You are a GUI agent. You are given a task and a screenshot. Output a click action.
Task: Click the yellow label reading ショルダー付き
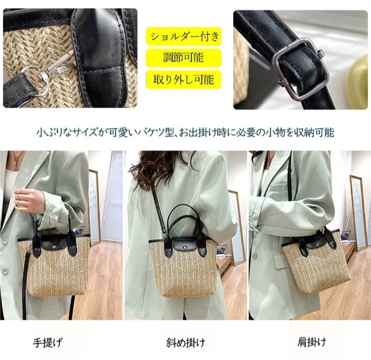(184, 37)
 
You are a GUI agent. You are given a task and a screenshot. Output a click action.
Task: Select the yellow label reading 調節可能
(184, 58)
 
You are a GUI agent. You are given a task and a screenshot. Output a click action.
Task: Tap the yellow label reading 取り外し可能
(184, 79)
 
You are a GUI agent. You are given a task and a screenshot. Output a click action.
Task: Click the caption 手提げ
(47, 342)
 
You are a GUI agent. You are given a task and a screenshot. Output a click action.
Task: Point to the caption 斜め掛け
(186, 342)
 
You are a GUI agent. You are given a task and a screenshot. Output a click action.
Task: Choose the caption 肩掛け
(312, 342)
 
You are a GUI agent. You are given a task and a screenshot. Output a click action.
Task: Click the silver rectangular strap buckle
(301, 70)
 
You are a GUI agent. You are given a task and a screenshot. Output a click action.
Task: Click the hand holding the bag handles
(29, 202)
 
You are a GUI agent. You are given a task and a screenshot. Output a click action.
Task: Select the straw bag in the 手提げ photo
(54, 263)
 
